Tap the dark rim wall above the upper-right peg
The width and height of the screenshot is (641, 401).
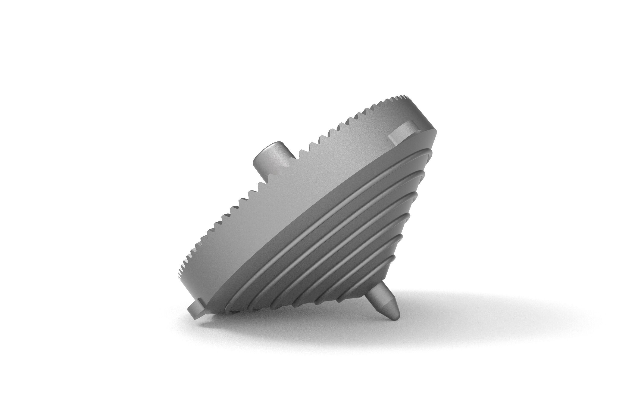tap(421, 117)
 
